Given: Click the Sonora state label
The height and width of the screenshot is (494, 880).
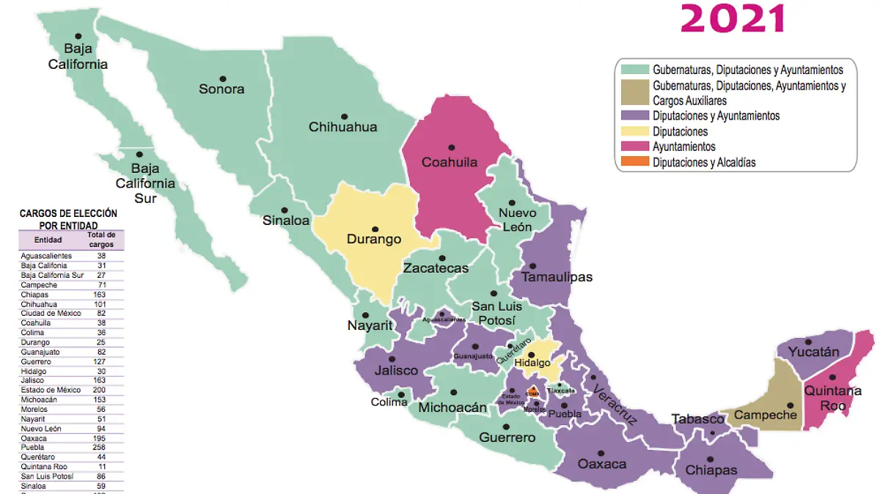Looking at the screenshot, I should coord(221,89).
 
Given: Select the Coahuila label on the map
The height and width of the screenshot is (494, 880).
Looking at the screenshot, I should coord(450,162).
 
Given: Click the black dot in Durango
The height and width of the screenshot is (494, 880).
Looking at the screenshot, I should coord(375,229).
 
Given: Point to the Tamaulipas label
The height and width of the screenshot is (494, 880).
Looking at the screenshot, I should coord(557,277).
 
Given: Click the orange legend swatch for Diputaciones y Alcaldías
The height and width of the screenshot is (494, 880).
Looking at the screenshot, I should coord(634,162).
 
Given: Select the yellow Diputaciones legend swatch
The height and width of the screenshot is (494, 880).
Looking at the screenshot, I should coord(634,131).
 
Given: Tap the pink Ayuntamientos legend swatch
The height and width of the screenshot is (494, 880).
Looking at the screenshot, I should coord(634,147).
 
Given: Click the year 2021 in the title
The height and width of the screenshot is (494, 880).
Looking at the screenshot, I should coord(733,18).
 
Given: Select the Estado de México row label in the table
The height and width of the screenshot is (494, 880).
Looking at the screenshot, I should coord(51,390).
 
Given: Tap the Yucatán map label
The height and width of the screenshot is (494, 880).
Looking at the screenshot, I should coord(814,353).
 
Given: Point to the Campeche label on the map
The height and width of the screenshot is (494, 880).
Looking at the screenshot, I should coord(766,416).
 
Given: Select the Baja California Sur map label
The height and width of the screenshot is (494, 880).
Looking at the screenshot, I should coord(144,183).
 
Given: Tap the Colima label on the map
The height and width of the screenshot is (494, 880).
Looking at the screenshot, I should coord(389,402).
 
